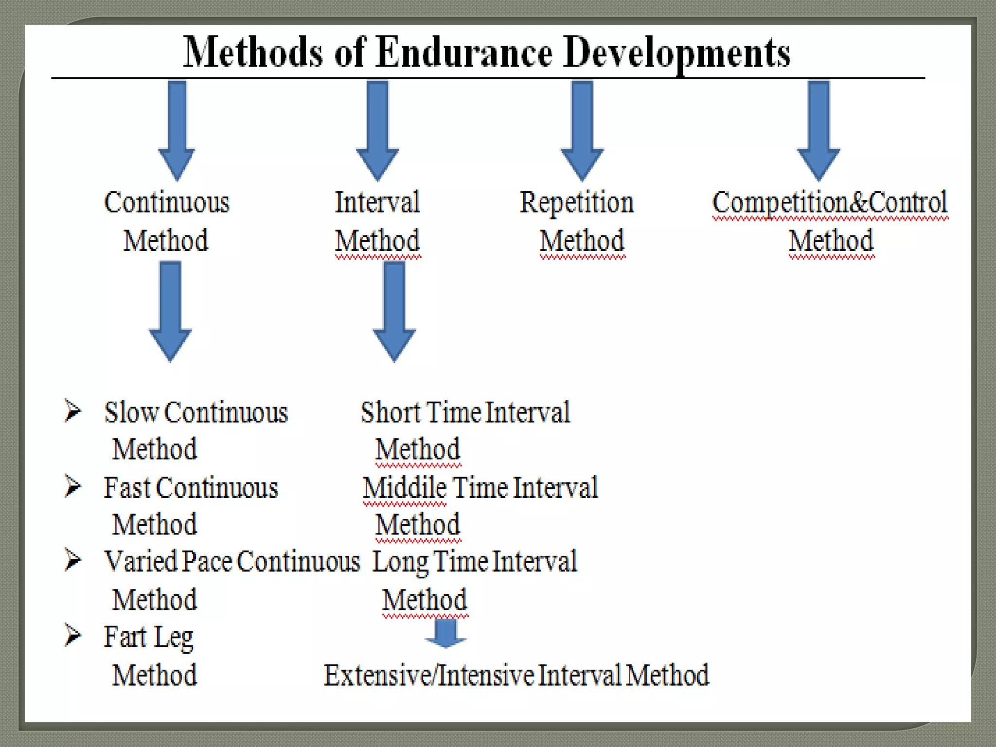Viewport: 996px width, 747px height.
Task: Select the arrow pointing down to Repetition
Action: point(582,129)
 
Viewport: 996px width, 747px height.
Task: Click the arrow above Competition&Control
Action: point(818,129)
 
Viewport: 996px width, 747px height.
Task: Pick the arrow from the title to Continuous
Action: point(177,129)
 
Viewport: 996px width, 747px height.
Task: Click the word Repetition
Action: point(577,202)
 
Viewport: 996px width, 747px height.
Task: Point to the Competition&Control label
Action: point(830,202)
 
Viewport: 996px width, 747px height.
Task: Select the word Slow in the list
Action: point(131,412)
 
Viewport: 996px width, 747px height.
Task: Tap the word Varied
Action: point(141,562)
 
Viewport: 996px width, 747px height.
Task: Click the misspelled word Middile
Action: point(405,488)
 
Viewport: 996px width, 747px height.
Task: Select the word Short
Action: point(391,412)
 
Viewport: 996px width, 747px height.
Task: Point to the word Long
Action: point(400,563)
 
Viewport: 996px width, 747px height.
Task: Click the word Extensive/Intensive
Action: point(429,675)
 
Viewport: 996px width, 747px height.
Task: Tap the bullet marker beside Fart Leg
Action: point(73,635)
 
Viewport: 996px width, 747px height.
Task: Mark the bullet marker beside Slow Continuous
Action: point(73,410)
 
